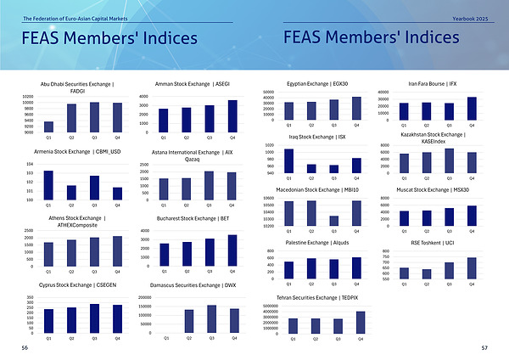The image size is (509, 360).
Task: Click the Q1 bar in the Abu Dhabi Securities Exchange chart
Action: coord(48,127)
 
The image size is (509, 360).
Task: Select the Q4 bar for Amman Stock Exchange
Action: coord(232,116)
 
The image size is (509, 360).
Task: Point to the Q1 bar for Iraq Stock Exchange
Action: coord(288,161)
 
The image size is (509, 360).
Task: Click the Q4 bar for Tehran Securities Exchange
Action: coord(360,323)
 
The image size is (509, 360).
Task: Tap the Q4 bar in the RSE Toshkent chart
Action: coord(472,268)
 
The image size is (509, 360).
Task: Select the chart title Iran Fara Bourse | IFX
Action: coord(433,83)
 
